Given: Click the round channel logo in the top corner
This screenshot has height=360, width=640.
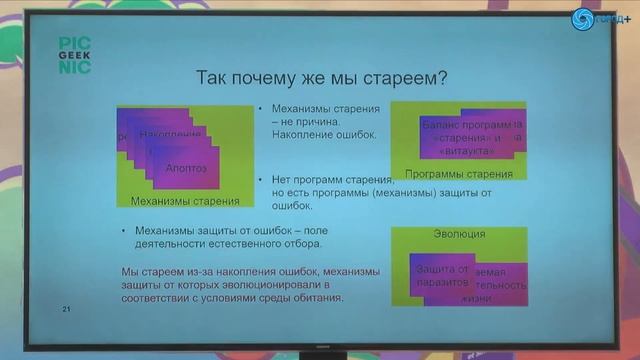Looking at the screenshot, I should pos(582,18).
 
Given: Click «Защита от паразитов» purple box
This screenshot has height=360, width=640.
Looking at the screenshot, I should pos(440,276).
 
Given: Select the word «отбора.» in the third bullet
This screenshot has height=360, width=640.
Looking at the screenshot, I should pos(298,243).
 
